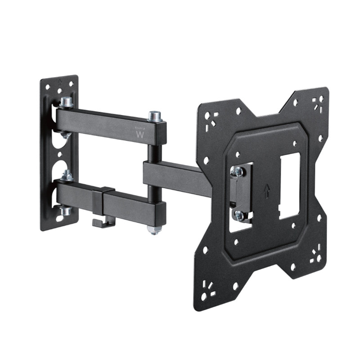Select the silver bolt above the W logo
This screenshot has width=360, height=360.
154,117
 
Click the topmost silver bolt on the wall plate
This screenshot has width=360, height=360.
66,102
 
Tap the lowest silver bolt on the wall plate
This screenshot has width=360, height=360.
66,210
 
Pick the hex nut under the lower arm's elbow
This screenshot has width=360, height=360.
153,230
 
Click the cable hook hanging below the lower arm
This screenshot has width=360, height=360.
103,222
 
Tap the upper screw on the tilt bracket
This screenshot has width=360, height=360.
237,171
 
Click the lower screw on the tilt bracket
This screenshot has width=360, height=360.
238,216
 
